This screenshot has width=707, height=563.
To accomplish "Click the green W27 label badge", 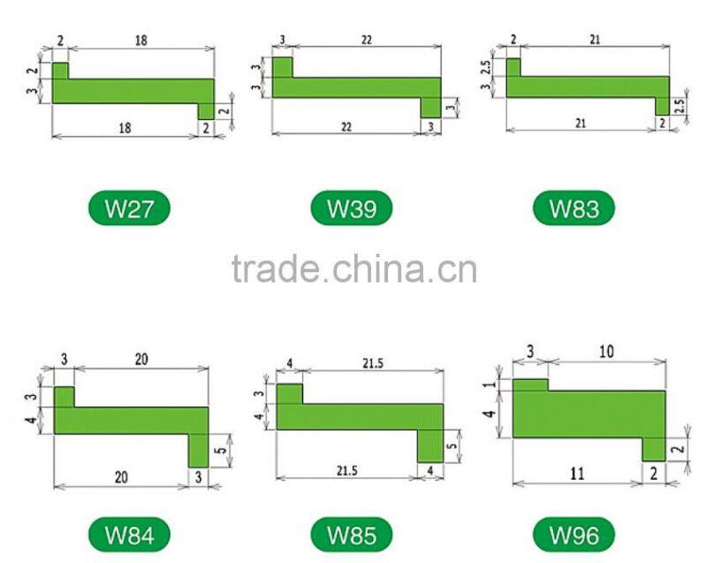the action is tap(129, 209).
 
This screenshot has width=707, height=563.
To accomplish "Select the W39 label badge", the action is tap(351, 209).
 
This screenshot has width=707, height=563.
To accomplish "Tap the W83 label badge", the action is tap(574, 209).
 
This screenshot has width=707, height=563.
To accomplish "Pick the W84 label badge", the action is tap(129, 535).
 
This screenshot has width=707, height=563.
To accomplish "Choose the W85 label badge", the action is tap(351, 535).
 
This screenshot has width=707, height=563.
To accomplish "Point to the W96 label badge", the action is tap(574, 535).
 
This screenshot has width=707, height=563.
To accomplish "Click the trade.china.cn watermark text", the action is tap(353, 268).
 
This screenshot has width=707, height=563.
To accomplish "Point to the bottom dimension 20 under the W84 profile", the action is tap(121, 476).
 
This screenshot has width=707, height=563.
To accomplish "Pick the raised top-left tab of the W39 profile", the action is tap(282, 66).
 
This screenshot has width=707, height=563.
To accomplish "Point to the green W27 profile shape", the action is tap(133, 91).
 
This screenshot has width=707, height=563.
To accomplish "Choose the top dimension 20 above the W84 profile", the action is tap(141, 360).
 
